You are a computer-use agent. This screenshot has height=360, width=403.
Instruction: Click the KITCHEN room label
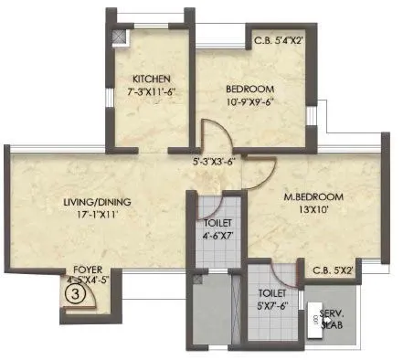tap(147, 78)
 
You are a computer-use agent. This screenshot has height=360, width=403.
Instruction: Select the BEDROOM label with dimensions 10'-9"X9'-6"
tap(246, 89)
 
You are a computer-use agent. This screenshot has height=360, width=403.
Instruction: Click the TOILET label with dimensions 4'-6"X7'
tap(217, 223)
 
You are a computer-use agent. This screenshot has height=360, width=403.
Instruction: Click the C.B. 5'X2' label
tap(333, 270)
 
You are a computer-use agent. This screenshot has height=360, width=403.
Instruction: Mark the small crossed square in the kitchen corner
tap(118, 37)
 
